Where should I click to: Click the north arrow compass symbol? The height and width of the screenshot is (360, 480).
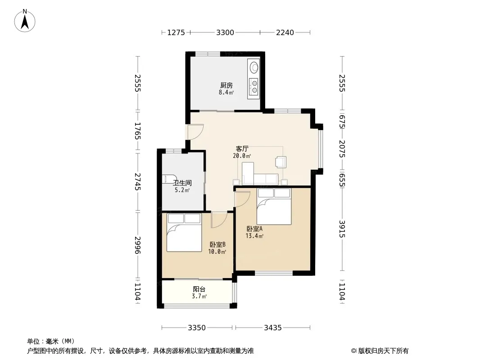click(x=25, y=21)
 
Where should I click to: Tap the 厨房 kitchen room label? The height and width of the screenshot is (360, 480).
click(x=226, y=85)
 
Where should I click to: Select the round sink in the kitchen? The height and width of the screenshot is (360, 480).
click(x=254, y=67)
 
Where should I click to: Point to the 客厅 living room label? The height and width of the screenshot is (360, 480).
click(x=242, y=149)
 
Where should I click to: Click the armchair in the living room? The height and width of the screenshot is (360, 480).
click(x=281, y=162)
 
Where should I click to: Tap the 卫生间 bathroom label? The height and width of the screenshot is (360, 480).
click(x=182, y=183)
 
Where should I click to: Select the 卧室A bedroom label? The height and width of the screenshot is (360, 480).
click(x=254, y=229)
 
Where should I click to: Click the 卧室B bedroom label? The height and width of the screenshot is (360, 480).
click(x=217, y=245)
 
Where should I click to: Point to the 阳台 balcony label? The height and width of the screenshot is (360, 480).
click(x=199, y=289)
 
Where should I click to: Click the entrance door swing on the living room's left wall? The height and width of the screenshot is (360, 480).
click(x=196, y=132)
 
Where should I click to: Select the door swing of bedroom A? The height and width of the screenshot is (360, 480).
click(x=243, y=199)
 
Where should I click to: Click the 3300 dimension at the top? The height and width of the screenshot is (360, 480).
click(x=225, y=32)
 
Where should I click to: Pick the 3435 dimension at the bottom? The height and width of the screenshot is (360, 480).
click(x=273, y=328)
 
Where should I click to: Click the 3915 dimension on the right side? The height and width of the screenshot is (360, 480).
click(x=342, y=229)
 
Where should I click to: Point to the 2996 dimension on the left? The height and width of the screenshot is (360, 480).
click(x=138, y=245)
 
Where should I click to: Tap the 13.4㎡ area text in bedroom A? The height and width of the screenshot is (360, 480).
click(x=254, y=236)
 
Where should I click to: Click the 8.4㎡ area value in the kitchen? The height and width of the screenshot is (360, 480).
click(x=226, y=92)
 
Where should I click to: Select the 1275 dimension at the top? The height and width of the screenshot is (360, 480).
click(x=176, y=32)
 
